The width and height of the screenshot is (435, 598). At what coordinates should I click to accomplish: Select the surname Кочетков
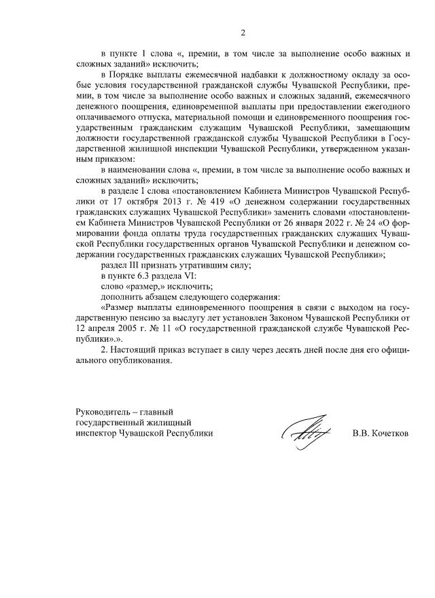coord(389,432)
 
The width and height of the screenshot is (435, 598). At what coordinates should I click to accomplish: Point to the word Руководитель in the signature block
coord(103,411)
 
